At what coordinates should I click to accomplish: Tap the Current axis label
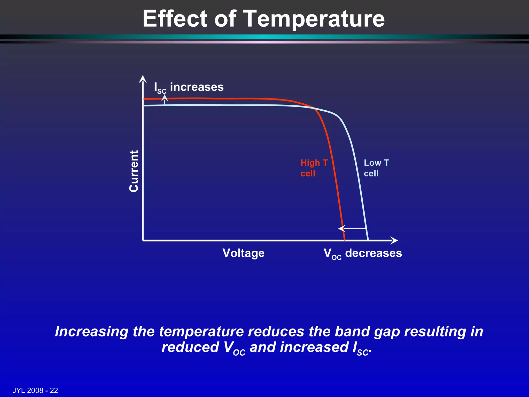(134, 171)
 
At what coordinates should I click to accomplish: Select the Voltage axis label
(243, 253)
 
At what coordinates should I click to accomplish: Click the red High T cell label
(314, 168)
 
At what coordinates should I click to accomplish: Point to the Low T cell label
(376, 168)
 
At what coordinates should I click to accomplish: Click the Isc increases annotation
(189, 87)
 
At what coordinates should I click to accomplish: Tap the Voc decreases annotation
(363, 254)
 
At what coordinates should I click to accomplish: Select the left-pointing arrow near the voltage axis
(352, 229)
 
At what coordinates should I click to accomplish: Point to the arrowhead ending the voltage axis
(394, 241)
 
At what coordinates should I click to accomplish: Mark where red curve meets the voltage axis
(345, 240)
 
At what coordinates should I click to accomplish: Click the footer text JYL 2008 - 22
(35, 390)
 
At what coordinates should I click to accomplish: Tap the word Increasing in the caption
(92, 332)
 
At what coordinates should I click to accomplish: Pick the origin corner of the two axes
(143, 241)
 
